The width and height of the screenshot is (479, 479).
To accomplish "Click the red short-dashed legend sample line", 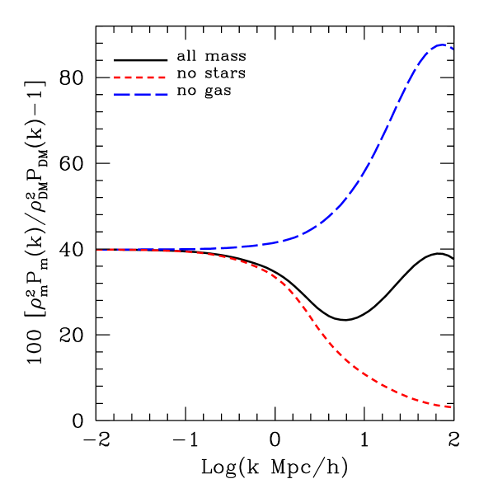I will (x=140, y=77).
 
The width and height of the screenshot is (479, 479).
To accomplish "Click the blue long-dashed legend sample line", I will (x=141, y=94).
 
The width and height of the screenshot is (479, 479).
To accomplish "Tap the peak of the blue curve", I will (x=442, y=45).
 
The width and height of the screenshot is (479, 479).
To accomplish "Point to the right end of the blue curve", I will (x=452, y=49).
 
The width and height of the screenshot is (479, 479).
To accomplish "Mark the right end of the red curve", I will (x=451, y=406).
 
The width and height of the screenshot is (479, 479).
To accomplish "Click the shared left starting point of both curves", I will (x=97, y=249).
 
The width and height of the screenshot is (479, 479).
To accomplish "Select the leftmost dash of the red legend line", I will (x=117, y=77).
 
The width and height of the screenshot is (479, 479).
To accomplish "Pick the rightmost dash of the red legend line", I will (x=162, y=77).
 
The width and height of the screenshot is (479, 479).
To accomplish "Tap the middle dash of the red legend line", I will (x=139, y=77).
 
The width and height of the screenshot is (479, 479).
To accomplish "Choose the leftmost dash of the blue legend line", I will (x=122, y=94).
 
